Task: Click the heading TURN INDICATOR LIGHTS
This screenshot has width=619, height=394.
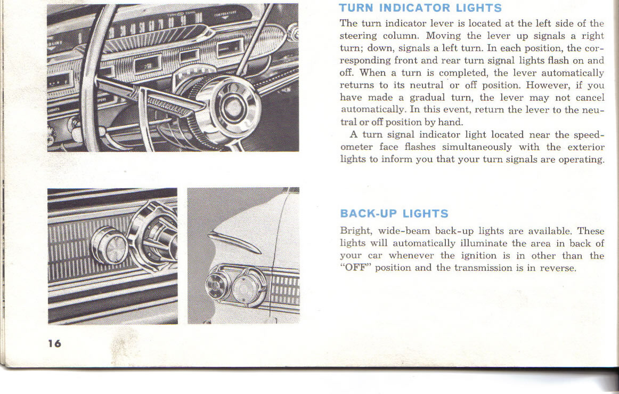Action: point(420,8)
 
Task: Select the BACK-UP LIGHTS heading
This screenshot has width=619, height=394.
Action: point(394,214)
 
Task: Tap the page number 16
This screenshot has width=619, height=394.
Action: point(54,343)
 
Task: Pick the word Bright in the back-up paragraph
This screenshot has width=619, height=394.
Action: point(356,231)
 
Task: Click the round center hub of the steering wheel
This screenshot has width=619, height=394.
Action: point(233,104)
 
